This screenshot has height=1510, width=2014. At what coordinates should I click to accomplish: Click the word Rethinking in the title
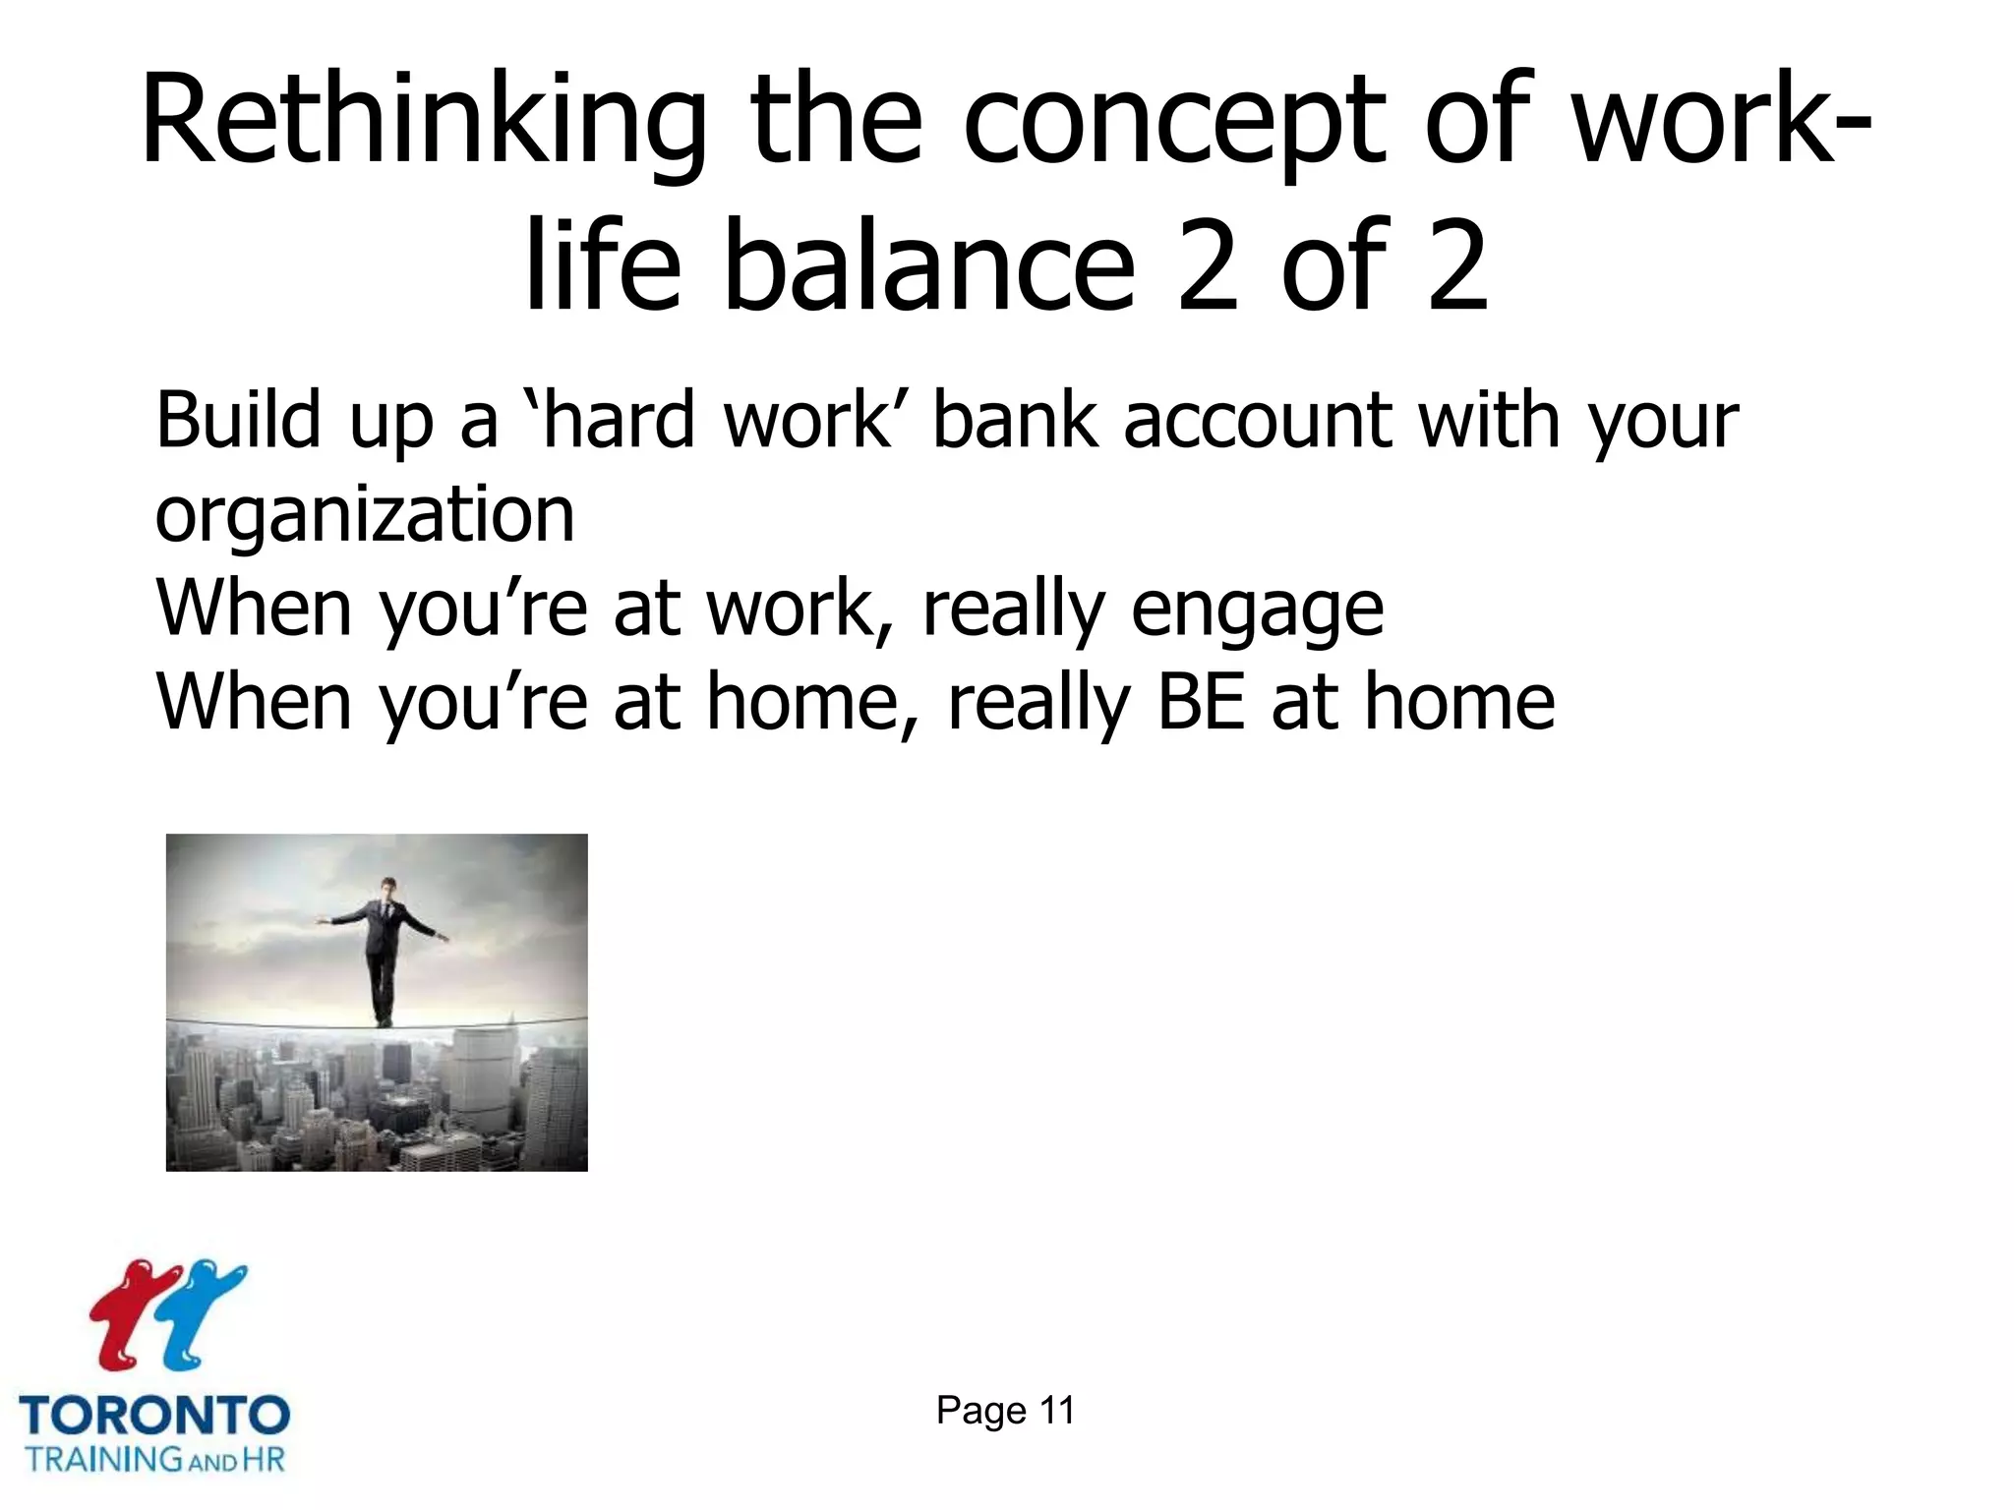pos(423,123)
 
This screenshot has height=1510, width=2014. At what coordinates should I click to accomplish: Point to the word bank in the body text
pos(1014,421)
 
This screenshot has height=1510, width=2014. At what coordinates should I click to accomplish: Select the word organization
pos(365,515)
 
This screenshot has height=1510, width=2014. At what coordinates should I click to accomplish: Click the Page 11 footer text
pos(1005,1410)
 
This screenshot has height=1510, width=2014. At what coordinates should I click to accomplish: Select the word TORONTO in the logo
pos(154,1417)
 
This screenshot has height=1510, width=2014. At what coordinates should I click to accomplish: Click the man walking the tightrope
pos(384,944)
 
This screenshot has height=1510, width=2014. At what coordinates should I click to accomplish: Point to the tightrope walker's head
pos(388,888)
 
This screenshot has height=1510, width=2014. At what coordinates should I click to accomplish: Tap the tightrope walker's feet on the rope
pos(383,1021)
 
